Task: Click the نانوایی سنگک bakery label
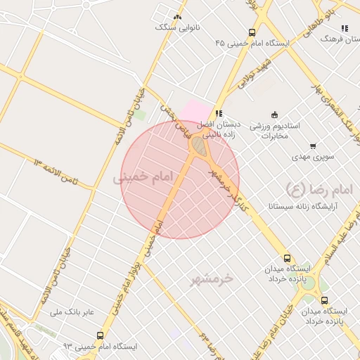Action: [176, 27]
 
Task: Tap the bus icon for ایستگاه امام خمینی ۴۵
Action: [252, 32]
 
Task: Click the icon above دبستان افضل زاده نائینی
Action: [219, 112]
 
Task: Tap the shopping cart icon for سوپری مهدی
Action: [312, 146]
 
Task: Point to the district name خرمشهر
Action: [210, 280]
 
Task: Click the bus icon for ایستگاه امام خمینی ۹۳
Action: [100, 335]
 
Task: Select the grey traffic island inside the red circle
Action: [199, 147]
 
